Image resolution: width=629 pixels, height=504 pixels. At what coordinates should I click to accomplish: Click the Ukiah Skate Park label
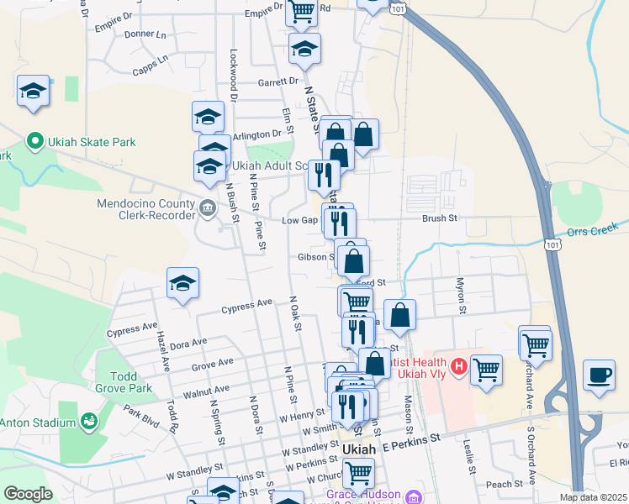91,142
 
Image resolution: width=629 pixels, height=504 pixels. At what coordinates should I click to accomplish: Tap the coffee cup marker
599,375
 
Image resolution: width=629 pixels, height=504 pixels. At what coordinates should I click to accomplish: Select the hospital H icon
458,366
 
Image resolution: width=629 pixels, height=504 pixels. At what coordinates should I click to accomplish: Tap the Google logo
27,494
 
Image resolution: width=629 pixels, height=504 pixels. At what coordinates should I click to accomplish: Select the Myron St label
461,297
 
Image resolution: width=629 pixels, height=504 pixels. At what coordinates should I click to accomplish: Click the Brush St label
439,218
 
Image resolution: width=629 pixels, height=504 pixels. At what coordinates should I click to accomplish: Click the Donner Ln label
145,34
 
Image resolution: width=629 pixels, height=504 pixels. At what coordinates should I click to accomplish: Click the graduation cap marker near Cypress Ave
182,284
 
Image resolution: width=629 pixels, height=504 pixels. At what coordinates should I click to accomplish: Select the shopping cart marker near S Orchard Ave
535,342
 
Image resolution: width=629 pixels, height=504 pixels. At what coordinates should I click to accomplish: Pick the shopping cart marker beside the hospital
486,370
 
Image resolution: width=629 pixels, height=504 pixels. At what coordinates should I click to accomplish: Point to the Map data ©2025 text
593,496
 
